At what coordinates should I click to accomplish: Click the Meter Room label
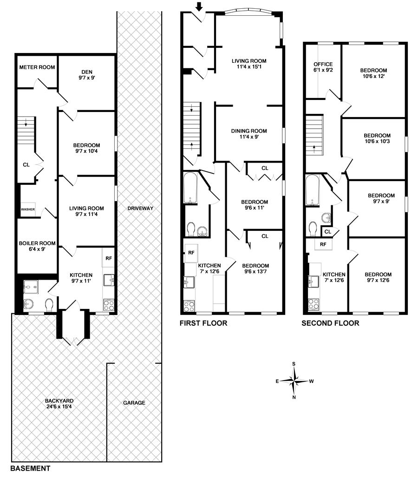pos(37,67)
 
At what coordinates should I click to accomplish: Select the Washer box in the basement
pos(28,210)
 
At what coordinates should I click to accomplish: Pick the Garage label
pos(134,403)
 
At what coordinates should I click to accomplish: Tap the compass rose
pos(294,381)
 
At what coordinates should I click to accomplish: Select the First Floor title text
pos(203,323)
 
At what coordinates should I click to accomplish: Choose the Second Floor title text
pos(330,323)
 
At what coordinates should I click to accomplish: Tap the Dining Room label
pos(249,134)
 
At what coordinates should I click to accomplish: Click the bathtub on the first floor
pos(191,187)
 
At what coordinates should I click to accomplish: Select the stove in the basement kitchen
pos(108,305)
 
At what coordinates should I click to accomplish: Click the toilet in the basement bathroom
pos(50,304)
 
